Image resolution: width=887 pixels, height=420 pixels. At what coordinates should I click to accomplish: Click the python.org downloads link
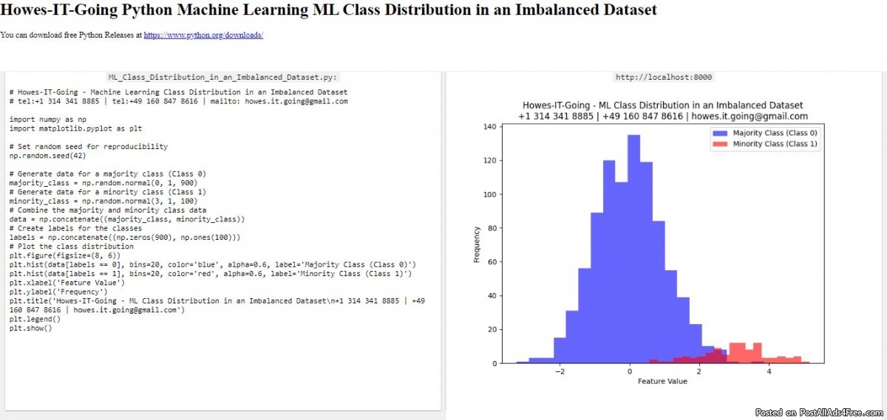[203, 35]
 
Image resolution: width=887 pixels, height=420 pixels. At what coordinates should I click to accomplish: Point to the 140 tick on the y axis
[489, 127]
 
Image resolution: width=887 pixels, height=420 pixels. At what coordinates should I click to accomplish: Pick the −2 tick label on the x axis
[560, 371]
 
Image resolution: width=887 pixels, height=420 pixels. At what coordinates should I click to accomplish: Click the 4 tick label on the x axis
[769, 371]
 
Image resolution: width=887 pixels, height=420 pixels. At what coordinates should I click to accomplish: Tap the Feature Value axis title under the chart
[662, 382]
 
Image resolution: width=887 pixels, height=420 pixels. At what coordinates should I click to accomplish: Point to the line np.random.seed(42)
[48, 156]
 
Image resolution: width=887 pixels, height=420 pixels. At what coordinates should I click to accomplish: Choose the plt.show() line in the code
[30, 328]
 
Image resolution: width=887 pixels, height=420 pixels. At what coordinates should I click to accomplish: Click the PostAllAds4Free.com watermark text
[840, 413]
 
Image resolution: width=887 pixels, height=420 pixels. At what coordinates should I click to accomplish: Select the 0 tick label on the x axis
[629, 371]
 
